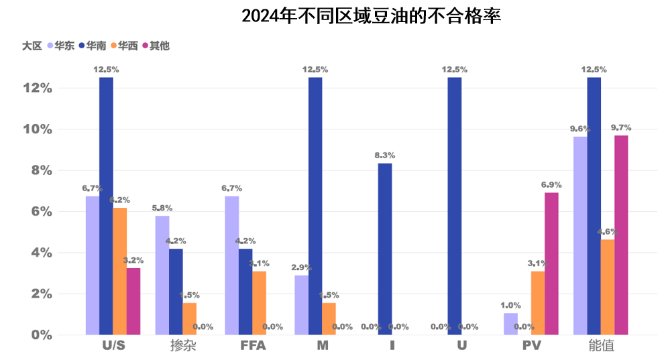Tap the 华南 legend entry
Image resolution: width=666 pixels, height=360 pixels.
[95, 46]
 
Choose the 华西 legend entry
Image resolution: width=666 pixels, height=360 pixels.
[127, 46]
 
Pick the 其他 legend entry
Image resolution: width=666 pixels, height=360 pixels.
[159, 46]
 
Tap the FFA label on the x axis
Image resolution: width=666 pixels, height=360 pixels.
[253, 347]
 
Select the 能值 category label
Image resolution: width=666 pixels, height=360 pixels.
[601, 347]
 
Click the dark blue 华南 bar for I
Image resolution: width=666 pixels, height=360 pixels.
[385, 249]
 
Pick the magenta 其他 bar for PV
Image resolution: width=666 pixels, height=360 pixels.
[551, 263]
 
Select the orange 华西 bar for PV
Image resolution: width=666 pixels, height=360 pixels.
[538, 302]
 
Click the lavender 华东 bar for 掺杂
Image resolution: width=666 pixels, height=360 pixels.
[162, 275]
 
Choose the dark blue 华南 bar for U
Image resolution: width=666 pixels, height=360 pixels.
[455, 206]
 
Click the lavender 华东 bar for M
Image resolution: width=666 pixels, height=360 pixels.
[302, 305]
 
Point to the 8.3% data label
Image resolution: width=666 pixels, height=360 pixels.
[385, 156]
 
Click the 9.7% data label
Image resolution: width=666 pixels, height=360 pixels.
[621, 127]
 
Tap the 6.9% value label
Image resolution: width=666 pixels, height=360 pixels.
[551, 185]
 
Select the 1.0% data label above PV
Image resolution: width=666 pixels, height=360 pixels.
[510, 306]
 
